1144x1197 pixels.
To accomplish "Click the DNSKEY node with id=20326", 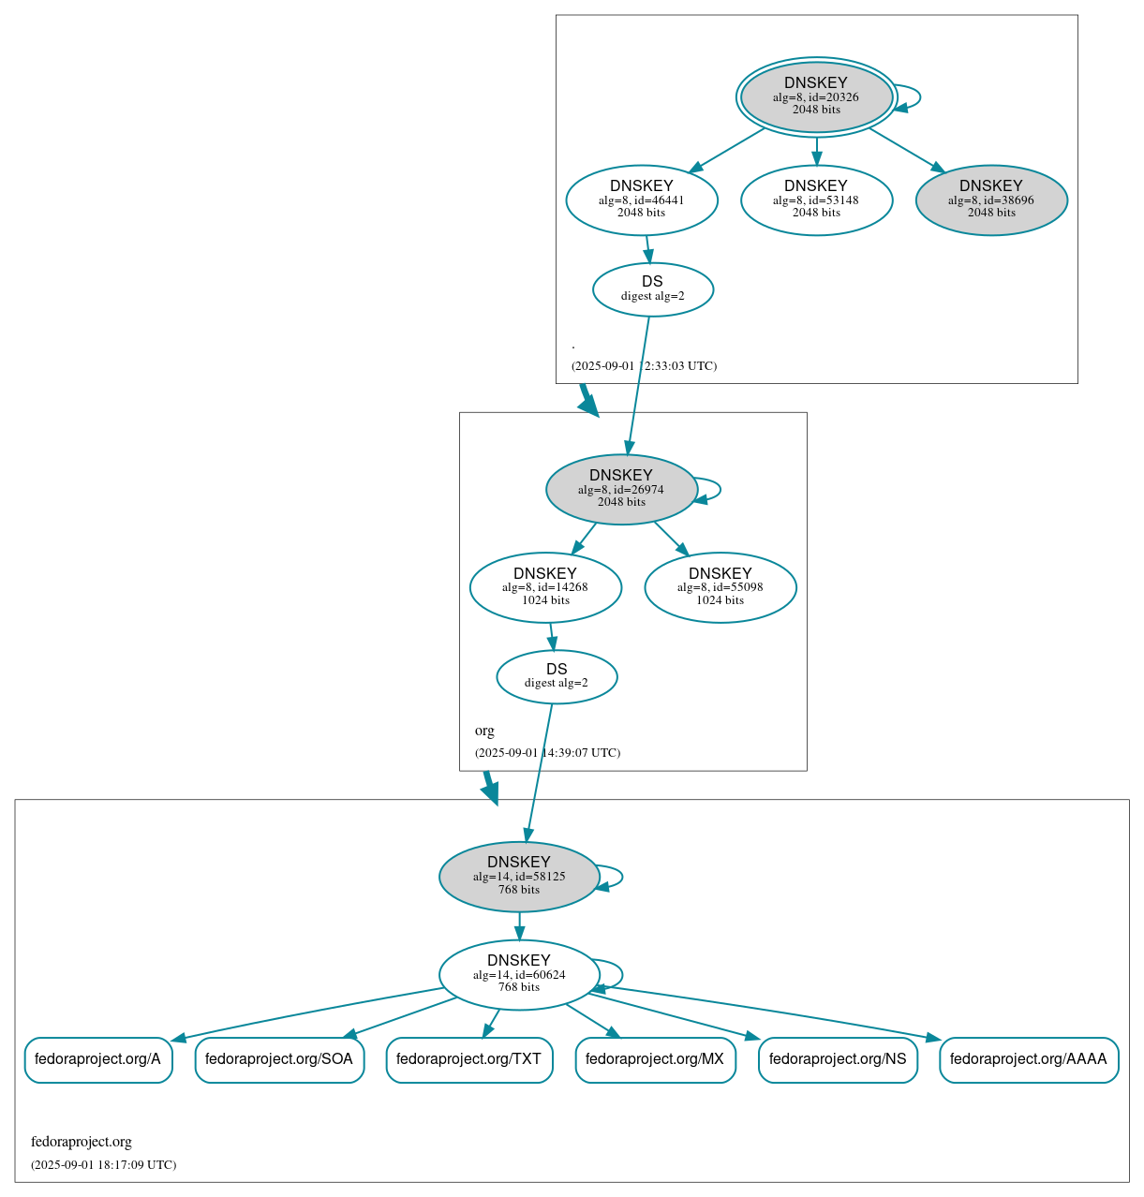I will click(816, 96).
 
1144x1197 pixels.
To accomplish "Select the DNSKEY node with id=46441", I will click(642, 199).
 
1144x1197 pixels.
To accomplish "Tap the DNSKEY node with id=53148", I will click(816, 199).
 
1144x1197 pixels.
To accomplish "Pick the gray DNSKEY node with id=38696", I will click(991, 199).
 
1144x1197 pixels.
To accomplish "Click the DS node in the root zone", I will click(653, 289).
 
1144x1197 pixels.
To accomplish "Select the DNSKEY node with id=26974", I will click(621, 489).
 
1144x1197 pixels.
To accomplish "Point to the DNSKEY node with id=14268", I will click(545, 587).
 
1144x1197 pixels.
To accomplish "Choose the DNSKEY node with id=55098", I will click(721, 587).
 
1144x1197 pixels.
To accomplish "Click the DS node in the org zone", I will click(557, 676).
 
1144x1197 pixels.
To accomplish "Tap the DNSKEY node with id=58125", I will click(519, 877).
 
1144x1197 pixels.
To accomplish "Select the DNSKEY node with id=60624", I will click(519, 974).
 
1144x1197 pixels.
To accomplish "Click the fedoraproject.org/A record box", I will click(98, 1059).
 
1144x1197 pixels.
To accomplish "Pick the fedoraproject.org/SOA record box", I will click(279, 1059).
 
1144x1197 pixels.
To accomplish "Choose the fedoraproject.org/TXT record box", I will click(469, 1059).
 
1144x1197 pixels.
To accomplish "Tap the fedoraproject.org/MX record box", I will click(655, 1059).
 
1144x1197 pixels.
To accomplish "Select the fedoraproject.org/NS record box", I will click(838, 1059).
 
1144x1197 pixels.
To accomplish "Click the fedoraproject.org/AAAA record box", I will click(1029, 1059).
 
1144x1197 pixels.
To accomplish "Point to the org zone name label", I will click(484, 731).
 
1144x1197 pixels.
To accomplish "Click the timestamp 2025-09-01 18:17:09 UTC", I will click(103, 1165).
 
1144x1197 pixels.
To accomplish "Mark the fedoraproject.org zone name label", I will click(82, 1142).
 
